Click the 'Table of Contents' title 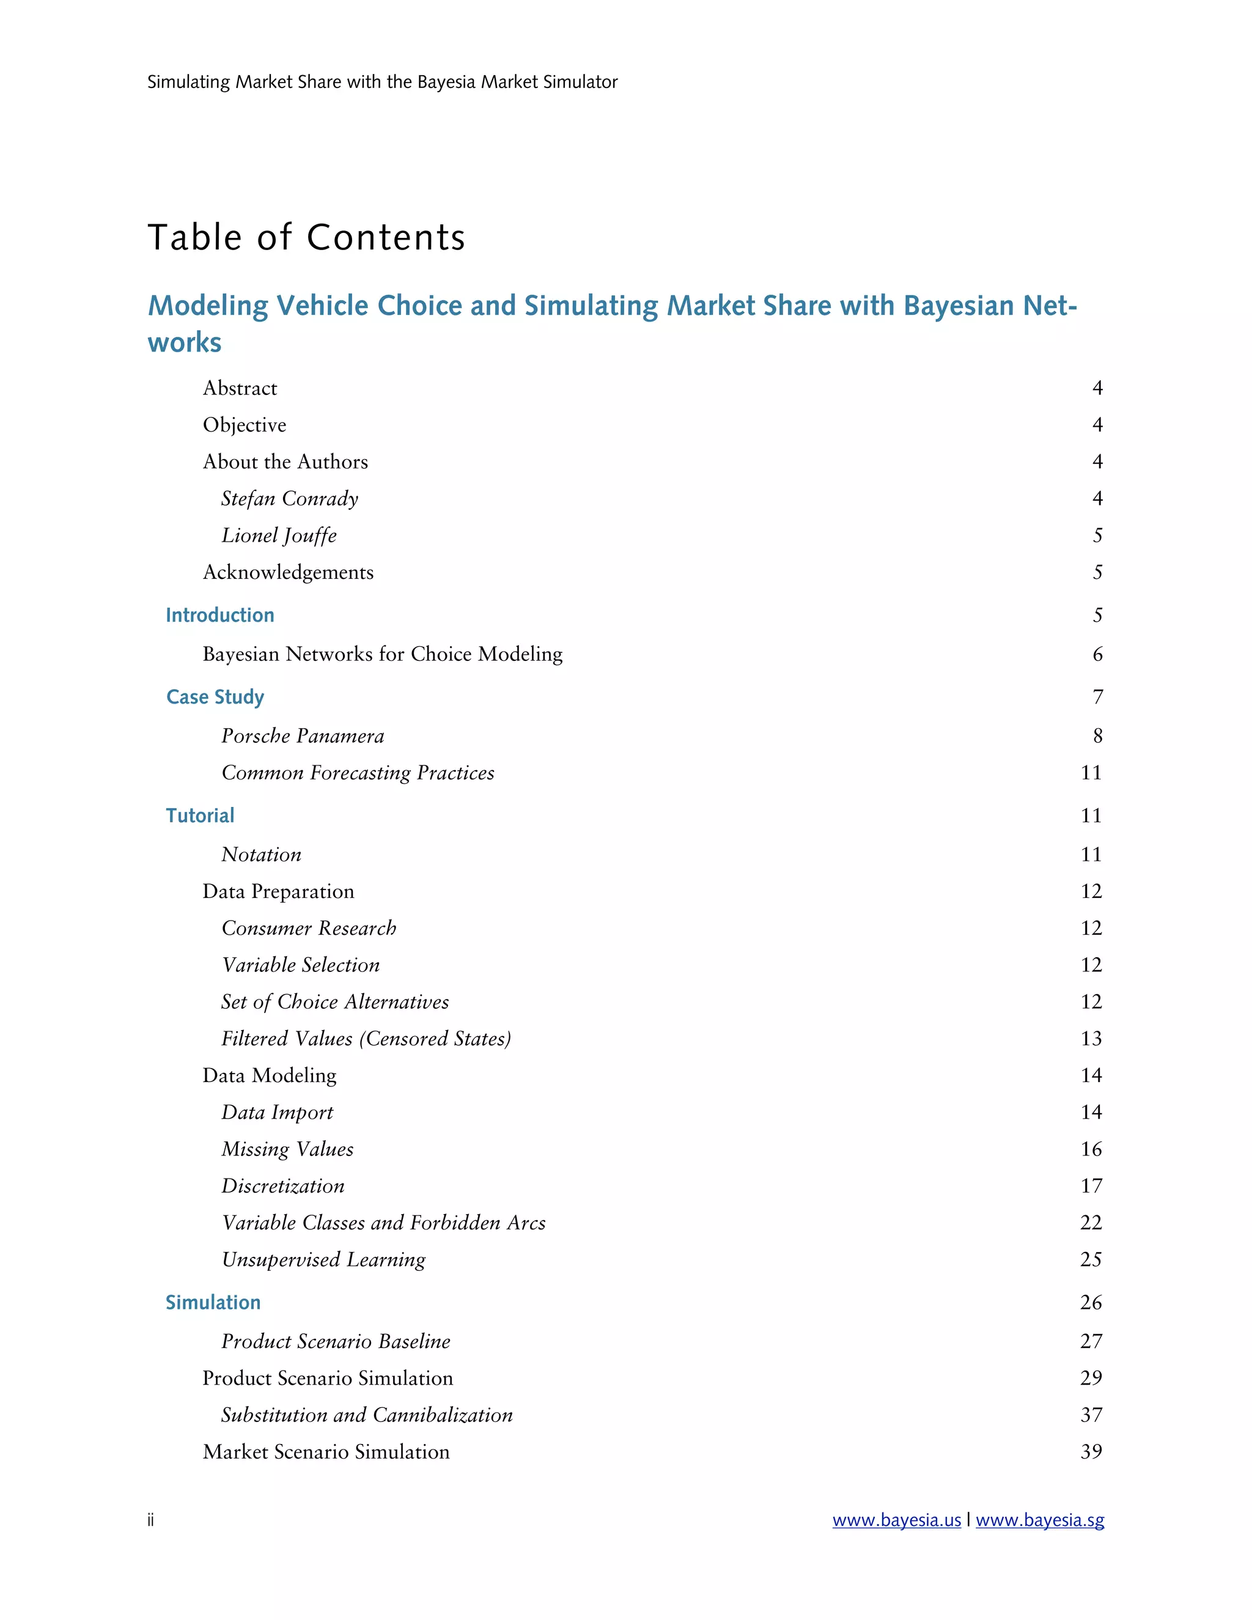click(x=306, y=237)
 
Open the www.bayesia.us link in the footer click(x=896, y=1520)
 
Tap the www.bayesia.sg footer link click(x=1039, y=1520)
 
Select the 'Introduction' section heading click(x=219, y=615)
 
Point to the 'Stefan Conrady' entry click(x=289, y=498)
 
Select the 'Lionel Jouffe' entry click(x=279, y=536)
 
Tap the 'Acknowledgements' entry click(x=288, y=573)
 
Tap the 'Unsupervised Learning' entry click(x=323, y=1259)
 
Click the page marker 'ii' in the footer click(x=150, y=1520)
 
